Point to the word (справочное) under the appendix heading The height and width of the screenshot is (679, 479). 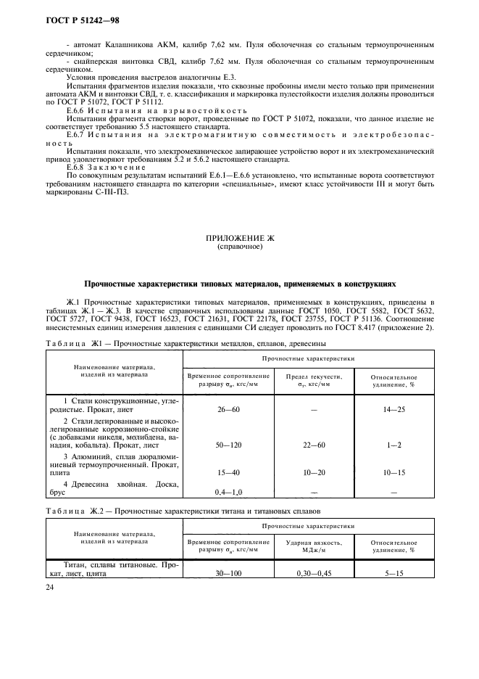pos(239,247)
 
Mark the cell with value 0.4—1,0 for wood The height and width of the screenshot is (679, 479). pos(228,493)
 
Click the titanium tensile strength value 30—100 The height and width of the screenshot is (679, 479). pos(228,573)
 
